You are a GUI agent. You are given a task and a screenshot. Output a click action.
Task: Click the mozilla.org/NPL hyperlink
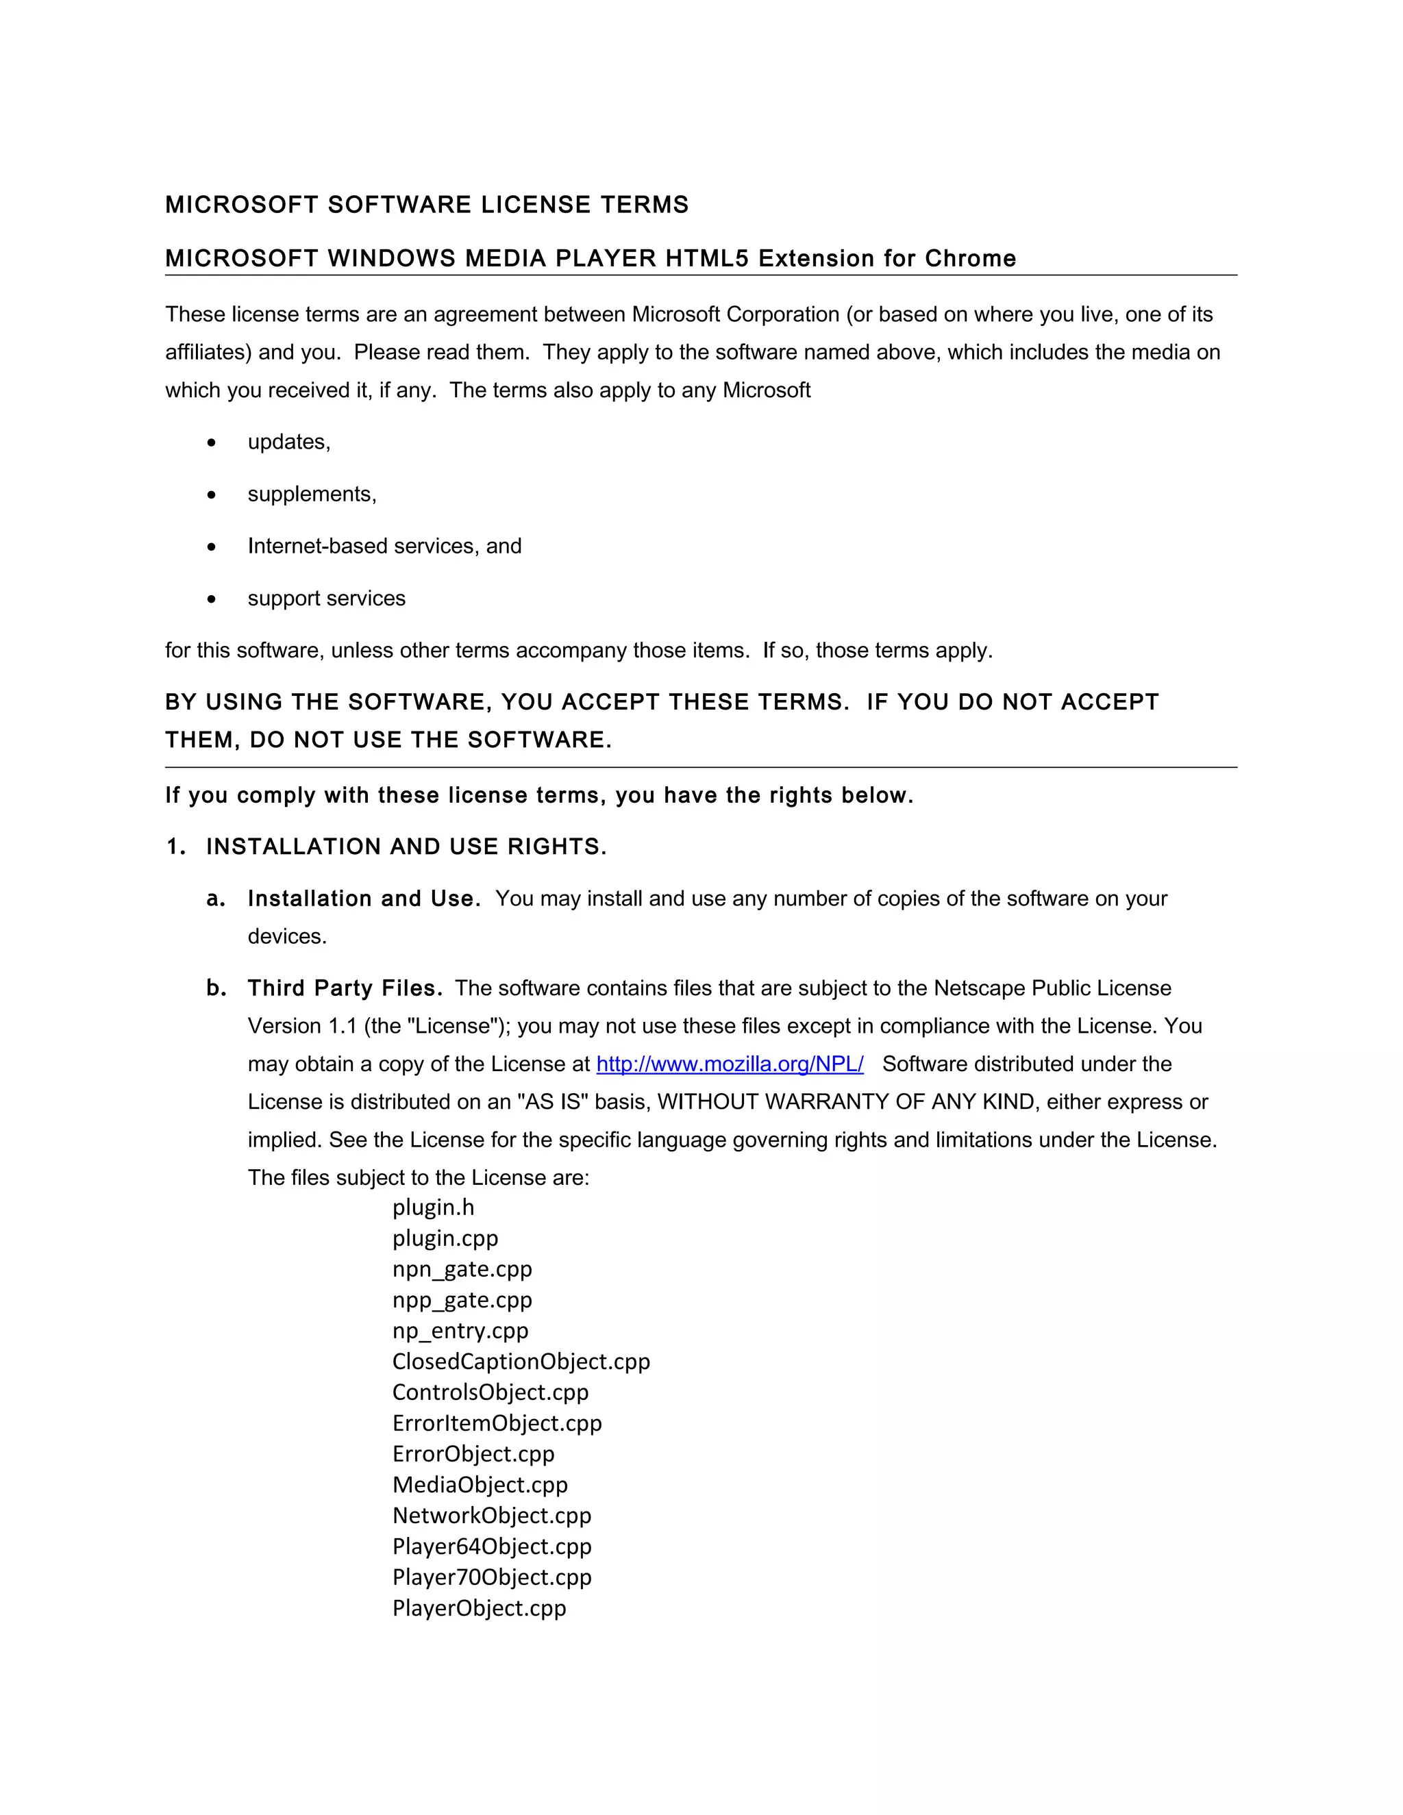(x=729, y=1064)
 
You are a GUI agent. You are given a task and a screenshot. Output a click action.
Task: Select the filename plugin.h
(x=433, y=1207)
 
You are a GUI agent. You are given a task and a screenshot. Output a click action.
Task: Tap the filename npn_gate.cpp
(x=462, y=1269)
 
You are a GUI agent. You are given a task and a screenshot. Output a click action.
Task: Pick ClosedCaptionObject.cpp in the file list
(x=521, y=1362)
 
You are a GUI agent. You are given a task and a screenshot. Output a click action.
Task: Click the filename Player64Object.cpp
(x=492, y=1547)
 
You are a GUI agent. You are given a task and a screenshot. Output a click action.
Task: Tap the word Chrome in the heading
(x=970, y=258)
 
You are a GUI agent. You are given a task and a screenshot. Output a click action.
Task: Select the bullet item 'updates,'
(x=288, y=442)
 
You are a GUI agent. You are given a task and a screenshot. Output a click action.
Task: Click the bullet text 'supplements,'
(x=312, y=495)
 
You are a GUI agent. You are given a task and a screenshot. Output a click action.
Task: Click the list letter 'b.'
(x=216, y=988)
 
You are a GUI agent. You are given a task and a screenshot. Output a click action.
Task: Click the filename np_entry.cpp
(x=460, y=1331)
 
